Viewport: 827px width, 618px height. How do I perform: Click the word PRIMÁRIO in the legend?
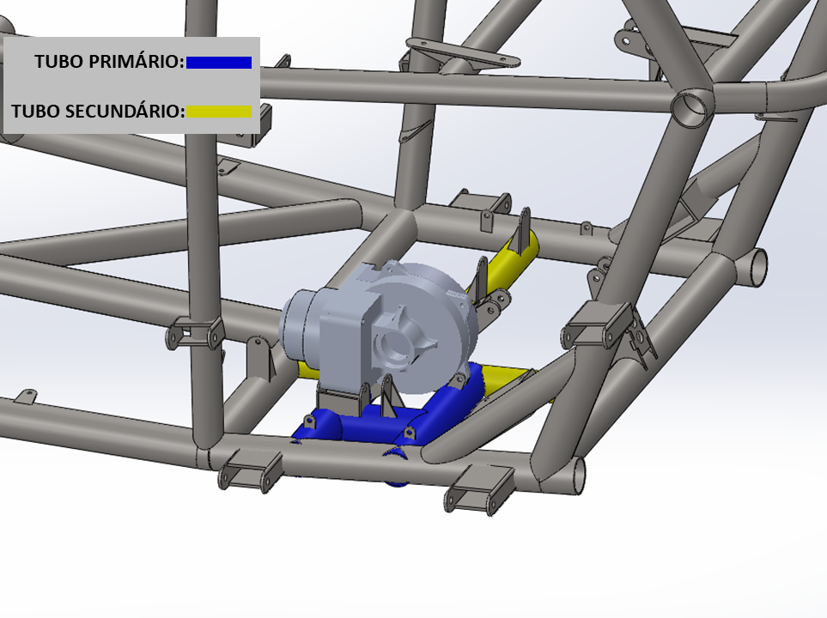[136, 61]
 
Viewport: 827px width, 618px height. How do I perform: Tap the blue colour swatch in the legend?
[219, 63]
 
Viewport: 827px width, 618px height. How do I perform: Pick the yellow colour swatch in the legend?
[219, 112]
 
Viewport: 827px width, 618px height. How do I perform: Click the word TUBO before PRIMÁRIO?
[59, 62]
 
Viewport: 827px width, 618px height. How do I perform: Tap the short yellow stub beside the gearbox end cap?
[307, 369]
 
